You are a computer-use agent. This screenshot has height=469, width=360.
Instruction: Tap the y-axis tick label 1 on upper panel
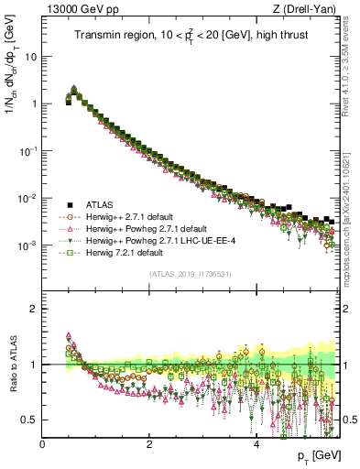pos(35,104)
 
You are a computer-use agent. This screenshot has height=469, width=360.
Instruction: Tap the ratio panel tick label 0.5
pos(30,420)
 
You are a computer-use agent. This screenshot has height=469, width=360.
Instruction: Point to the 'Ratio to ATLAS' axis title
pos(12,364)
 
